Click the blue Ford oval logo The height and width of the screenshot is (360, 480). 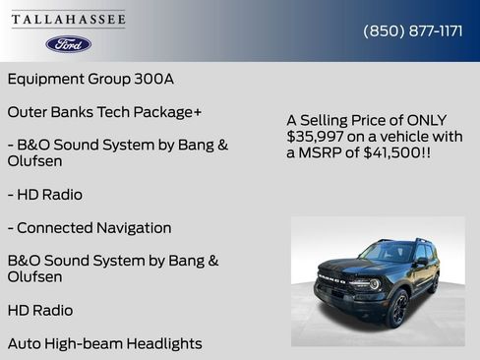point(68,44)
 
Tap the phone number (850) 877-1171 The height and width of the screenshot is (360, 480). point(413,30)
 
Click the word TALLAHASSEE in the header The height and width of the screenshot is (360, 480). point(68,19)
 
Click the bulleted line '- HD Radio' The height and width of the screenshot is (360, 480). point(45,195)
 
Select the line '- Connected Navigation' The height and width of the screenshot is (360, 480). point(90,228)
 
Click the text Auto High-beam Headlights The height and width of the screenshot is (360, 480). point(104,343)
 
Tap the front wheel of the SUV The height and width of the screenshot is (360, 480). point(396,309)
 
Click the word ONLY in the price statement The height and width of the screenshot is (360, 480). point(410,119)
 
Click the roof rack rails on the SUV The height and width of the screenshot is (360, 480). point(398,239)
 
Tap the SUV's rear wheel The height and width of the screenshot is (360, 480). point(433,284)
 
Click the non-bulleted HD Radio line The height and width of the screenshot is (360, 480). point(40,310)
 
